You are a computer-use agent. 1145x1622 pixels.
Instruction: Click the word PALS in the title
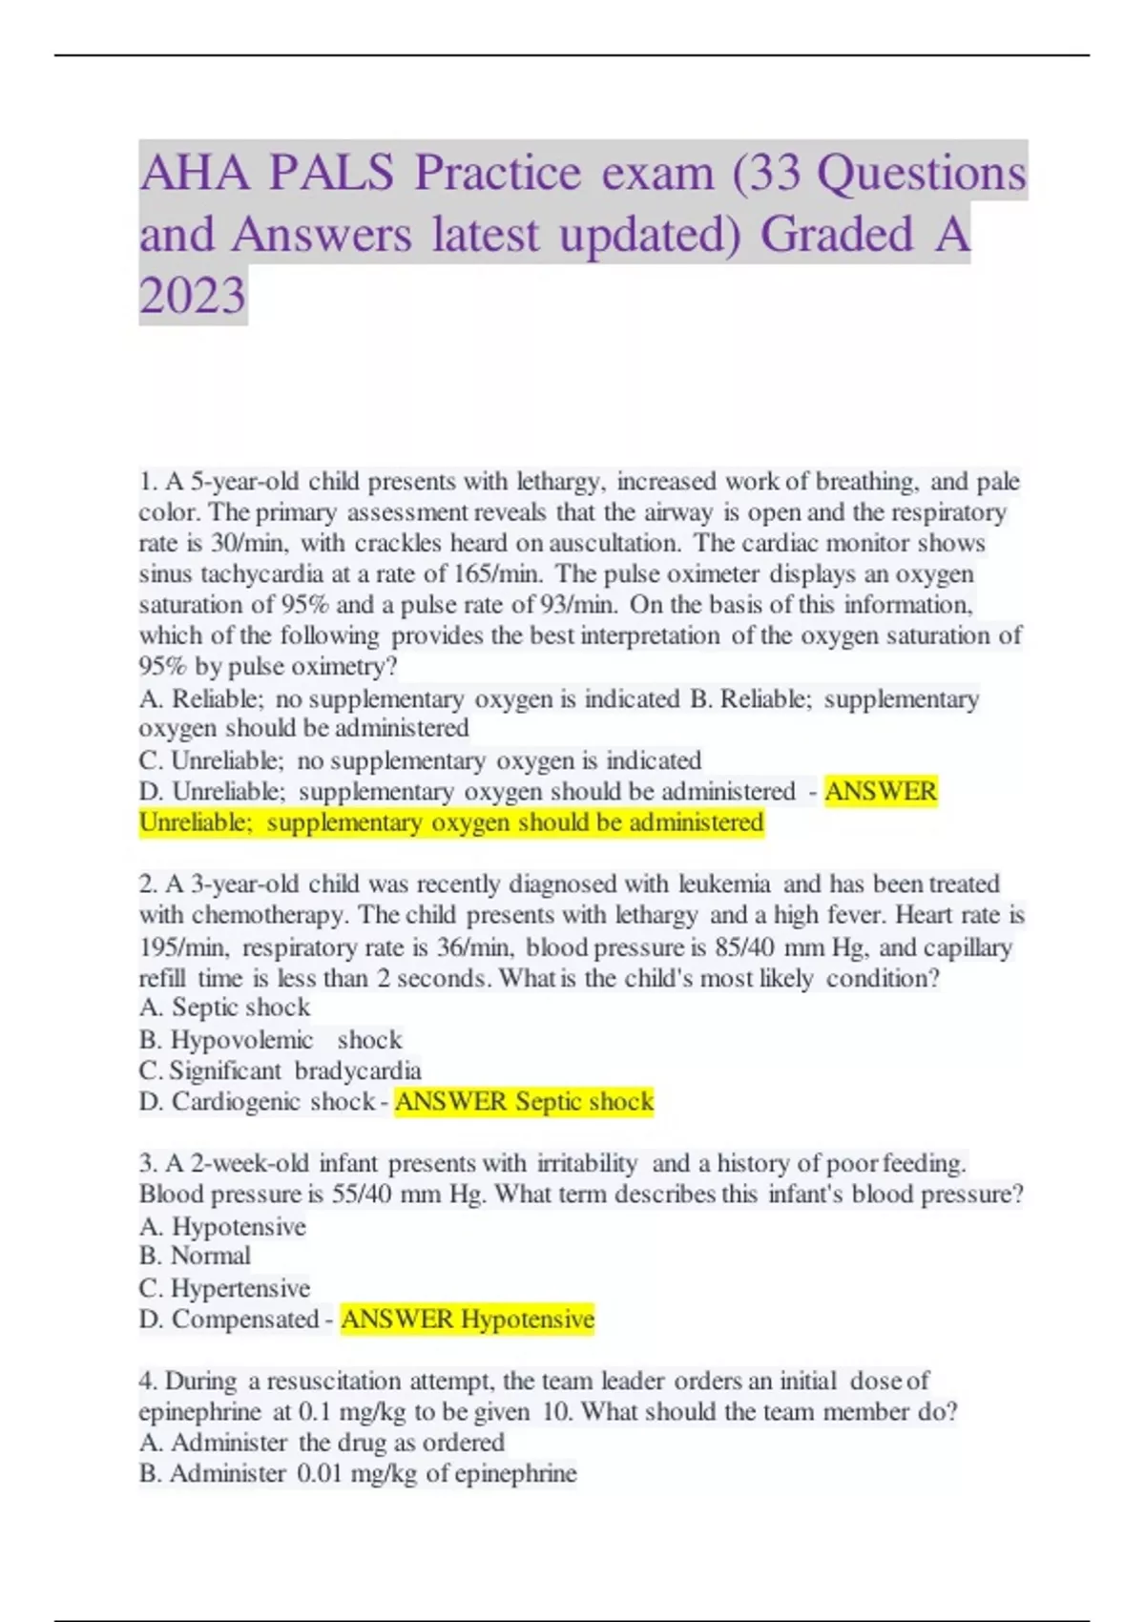[331, 173]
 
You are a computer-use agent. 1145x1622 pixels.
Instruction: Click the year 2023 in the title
[193, 295]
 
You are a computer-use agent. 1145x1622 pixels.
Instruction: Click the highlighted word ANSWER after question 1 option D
[881, 791]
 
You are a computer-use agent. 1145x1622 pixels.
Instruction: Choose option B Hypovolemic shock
[270, 1040]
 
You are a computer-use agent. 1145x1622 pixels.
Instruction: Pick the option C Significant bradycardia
[280, 1071]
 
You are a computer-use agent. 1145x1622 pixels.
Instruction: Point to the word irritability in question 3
[587, 1163]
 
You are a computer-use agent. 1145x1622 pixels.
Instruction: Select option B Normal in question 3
[195, 1256]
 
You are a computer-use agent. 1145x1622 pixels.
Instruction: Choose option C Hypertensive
[224, 1288]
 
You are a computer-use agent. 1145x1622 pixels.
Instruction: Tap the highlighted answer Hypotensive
[527, 1320]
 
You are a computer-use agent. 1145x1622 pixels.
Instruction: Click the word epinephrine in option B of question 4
[515, 1473]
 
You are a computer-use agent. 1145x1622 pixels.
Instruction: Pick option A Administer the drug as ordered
[322, 1442]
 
